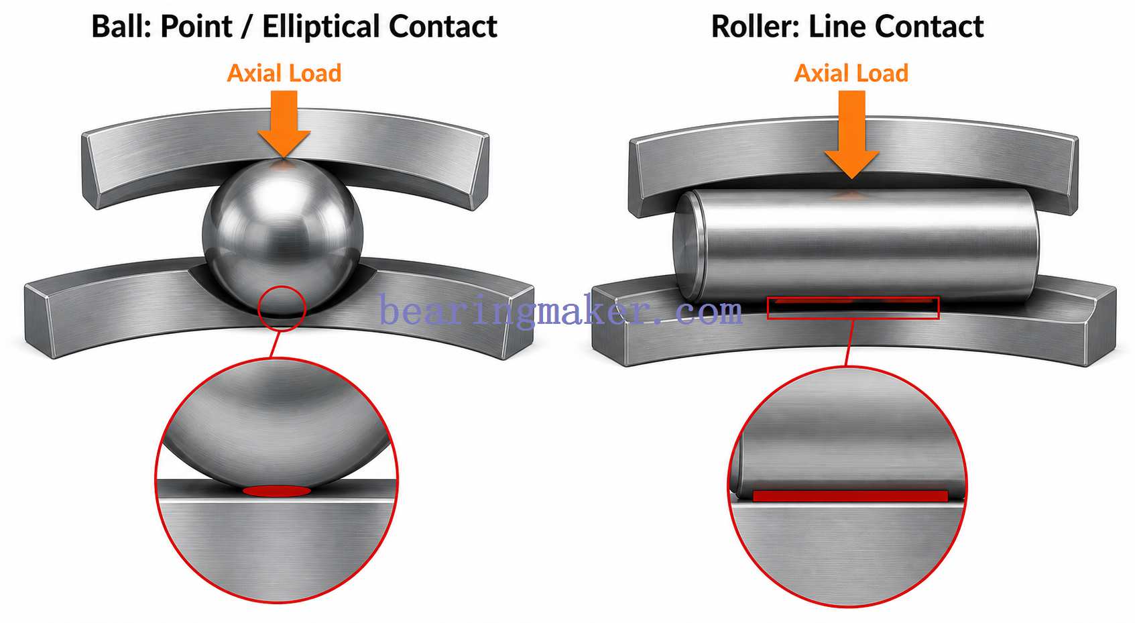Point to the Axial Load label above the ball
click(284, 73)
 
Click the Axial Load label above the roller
click(851, 73)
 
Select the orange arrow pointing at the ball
click(284, 124)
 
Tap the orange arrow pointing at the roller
click(852, 134)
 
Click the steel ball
click(283, 237)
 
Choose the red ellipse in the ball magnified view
click(277, 491)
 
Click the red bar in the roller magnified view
click(850, 496)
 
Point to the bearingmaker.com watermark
click(561, 310)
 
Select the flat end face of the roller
click(685, 247)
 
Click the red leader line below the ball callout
click(274, 345)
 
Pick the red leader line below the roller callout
click(849, 343)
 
